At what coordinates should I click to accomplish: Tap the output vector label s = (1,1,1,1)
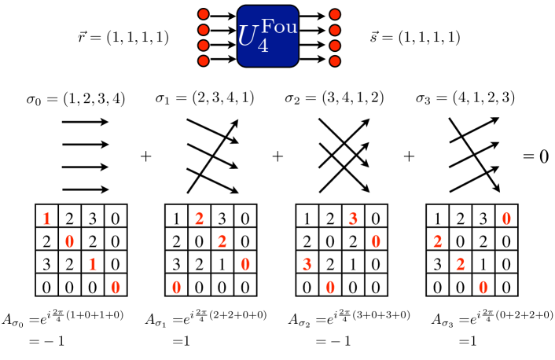coord(414,37)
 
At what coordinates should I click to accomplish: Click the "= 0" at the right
coord(536,156)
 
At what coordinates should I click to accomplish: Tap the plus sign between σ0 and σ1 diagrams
coord(145,156)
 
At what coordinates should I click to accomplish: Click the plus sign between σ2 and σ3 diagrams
coord(409,156)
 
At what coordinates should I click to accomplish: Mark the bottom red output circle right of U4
coord(335,61)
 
